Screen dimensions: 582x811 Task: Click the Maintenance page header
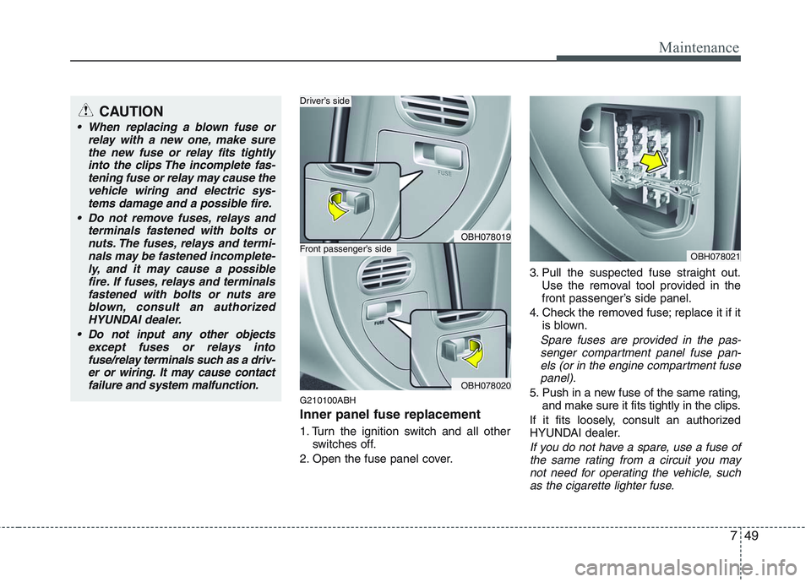[699, 48]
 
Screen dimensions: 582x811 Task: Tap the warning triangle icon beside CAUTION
[88, 111]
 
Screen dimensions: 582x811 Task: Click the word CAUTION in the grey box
[130, 112]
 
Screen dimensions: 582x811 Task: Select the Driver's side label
[325, 101]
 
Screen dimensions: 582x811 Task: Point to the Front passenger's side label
[346, 249]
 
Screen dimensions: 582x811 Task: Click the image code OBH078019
[485, 238]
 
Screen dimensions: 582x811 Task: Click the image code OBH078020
[485, 384]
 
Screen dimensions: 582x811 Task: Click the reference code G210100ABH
[328, 399]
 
